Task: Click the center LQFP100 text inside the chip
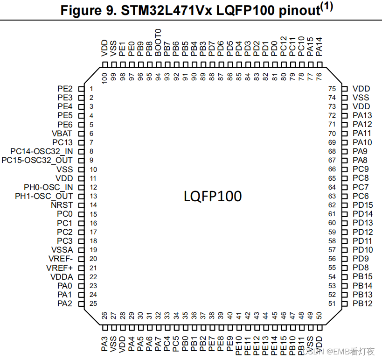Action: [x=213, y=196]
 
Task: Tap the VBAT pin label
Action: [x=63, y=134]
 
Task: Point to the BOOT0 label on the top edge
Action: [x=159, y=42]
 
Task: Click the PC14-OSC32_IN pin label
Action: [x=42, y=151]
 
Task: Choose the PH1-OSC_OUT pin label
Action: [x=44, y=196]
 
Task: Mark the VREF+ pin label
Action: [x=60, y=268]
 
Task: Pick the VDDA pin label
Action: [x=62, y=277]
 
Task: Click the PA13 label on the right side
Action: [x=362, y=115]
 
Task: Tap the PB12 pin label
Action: [x=362, y=304]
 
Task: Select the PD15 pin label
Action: [x=363, y=205]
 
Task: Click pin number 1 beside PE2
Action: [x=92, y=89]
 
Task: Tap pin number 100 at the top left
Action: [x=104, y=78]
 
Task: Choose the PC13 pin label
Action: [x=63, y=142]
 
